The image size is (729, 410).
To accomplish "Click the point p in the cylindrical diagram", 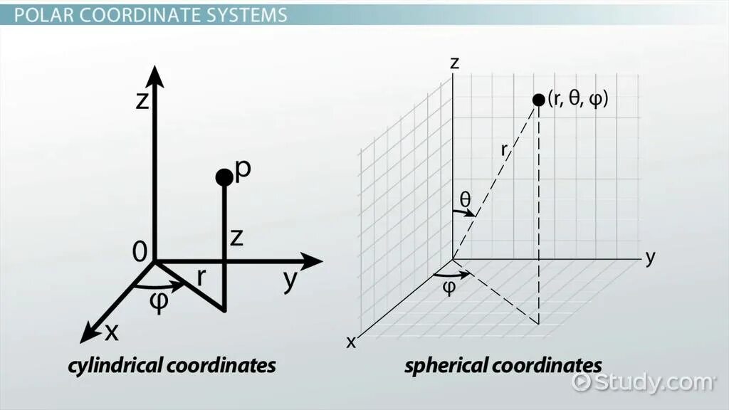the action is [224, 177].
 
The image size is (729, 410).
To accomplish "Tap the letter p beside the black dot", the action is [243, 170].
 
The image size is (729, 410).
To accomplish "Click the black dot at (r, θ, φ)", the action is [539, 100].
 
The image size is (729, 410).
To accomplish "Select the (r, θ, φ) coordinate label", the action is [578, 99].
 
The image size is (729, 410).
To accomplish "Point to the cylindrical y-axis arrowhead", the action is [313, 261].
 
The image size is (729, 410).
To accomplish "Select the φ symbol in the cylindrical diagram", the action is [159, 302].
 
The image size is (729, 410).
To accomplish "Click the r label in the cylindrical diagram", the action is [201, 277].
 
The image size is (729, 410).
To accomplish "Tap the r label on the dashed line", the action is [504, 150].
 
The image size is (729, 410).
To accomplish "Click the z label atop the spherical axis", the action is [454, 63].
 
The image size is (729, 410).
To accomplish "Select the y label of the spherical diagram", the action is [649, 258].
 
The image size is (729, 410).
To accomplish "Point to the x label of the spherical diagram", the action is [351, 342].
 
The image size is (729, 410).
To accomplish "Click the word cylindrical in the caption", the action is [114, 366].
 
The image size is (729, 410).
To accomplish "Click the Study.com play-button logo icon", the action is [582, 382].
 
